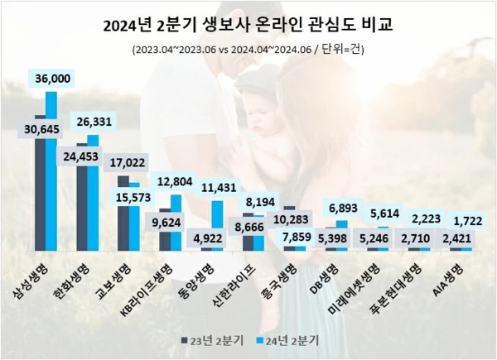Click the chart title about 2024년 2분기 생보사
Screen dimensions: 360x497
coord(248,26)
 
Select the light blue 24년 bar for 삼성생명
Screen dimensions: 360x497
coord(51,174)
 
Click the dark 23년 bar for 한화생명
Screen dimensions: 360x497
coord(81,207)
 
